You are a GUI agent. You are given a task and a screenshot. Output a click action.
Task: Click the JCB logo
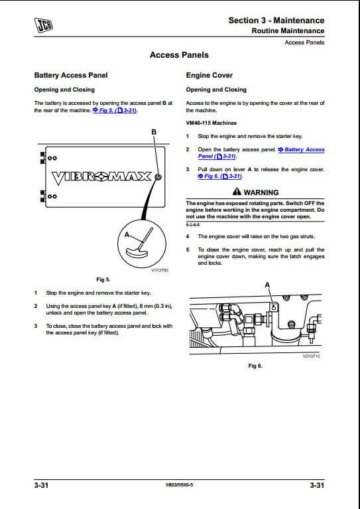pyautogui.click(x=44, y=25)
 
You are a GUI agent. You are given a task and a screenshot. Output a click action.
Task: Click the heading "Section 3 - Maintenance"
pyautogui.click(x=276, y=20)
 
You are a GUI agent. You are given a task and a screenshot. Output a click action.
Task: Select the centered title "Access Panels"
pyautogui.click(x=179, y=55)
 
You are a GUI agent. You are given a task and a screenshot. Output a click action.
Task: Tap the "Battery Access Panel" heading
pyautogui.click(x=71, y=75)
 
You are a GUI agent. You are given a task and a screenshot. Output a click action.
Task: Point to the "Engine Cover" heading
pyautogui.click(x=210, y=75)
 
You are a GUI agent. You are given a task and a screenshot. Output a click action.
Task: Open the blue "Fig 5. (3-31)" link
pyautogui.click(x=115, y=110)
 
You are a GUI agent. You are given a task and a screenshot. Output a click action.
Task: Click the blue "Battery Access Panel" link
pyautogui.click(x=261, y=153)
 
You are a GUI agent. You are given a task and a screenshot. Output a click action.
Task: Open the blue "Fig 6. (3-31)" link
pyautogui.click(x=220, y=177)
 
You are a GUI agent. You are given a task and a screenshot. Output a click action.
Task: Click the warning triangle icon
pyautogui.click(x=237, y=192)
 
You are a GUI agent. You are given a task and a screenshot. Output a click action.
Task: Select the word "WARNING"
pyautogui.click(x=261, y=192)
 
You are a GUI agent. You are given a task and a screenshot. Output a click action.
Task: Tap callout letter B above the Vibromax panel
pyautogui.click(x=154, y=132)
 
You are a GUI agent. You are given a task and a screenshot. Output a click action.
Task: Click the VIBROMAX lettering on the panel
pyautogui.click(x=102, y=177)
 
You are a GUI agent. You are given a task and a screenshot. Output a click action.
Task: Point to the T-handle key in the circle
pyautogui.click(x=139, y=244)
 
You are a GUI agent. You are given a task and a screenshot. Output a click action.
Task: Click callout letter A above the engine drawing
pyautogui.click(x=267, y=285)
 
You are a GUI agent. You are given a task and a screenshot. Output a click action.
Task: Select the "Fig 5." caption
pyautogui.click(x=103, y=279)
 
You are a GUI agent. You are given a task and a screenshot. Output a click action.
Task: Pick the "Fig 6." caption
pyautogui.click(x=255, y=366)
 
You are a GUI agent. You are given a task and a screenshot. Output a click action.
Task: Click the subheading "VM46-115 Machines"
pyautogui.click(x=211, y=123)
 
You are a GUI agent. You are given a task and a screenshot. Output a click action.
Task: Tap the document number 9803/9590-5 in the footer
pyautogui.click(x=179, y=485)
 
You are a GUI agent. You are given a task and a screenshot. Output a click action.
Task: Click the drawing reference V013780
pyautogui.click(x=160, y=270)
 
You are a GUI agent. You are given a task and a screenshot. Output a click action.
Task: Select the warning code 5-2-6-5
pyautogui.click(x=193, y=225)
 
